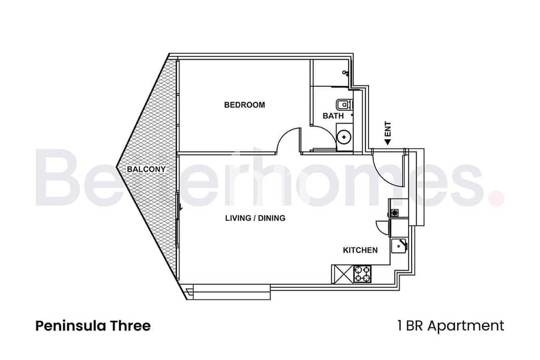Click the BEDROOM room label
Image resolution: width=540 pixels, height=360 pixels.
click(244, 105)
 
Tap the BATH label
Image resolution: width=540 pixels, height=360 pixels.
click(333, 115)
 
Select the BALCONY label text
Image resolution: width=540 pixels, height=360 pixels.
click(146, 170)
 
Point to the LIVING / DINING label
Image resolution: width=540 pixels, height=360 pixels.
click(255, 218)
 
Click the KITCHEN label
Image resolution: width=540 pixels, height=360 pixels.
click(360, 250)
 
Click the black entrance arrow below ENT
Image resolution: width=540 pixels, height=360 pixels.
click(388, 141)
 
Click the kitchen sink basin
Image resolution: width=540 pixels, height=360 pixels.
click(399, 245)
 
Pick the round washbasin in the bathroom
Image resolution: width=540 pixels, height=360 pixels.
click(344, 137)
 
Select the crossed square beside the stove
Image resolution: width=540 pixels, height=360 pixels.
click(342, 274)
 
